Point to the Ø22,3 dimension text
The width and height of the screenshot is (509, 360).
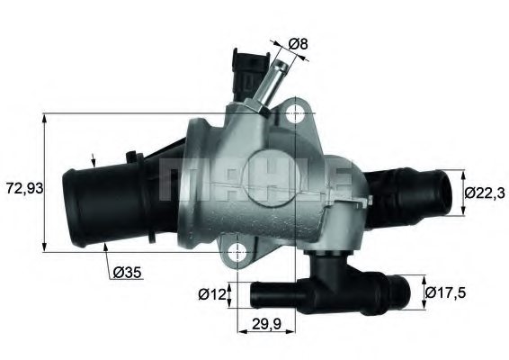(484, 191)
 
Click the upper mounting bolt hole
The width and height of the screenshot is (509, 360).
(296, 113)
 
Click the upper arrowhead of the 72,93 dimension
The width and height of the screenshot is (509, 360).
(45, 118)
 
